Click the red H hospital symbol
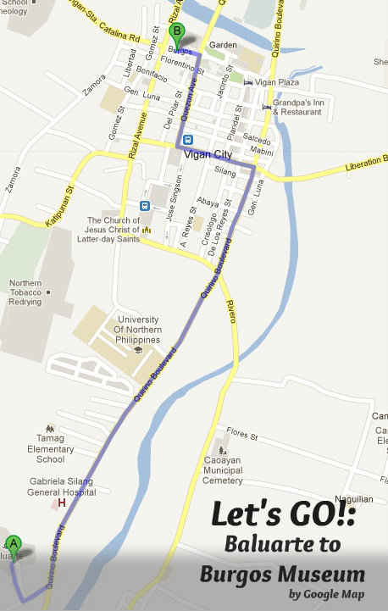[x=60, y=503]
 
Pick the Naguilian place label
[x=353, y=499]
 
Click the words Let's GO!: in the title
[x=282, y=514]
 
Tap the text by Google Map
[x=326, y=594]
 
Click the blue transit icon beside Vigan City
[x=188, y=140]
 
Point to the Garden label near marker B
[x=223, y=45]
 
